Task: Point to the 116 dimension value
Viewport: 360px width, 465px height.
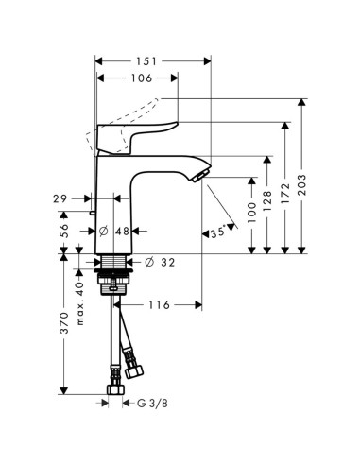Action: [x=160, y=304]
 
